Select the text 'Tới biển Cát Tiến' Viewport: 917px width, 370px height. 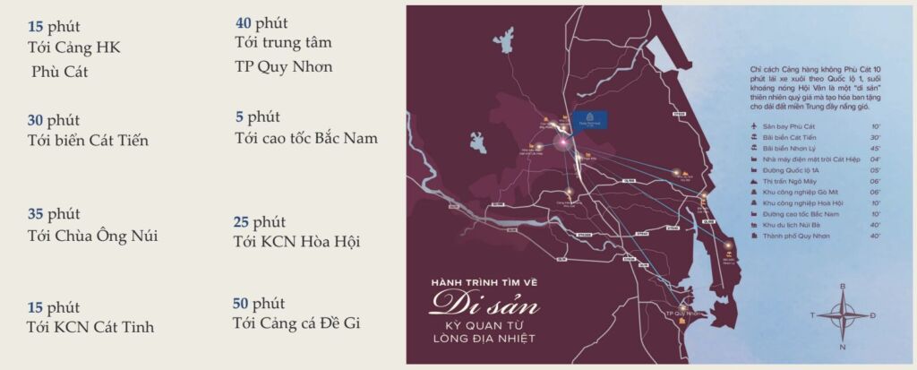88,140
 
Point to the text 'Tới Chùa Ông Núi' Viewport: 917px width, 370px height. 92,236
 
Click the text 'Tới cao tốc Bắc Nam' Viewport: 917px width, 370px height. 305,138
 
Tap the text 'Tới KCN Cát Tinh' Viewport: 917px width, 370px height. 90,327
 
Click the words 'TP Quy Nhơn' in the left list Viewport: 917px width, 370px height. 283,66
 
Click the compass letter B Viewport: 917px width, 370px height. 842,287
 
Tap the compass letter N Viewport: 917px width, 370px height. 842,345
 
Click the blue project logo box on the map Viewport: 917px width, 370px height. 591,120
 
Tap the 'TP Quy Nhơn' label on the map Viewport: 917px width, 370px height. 683,314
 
